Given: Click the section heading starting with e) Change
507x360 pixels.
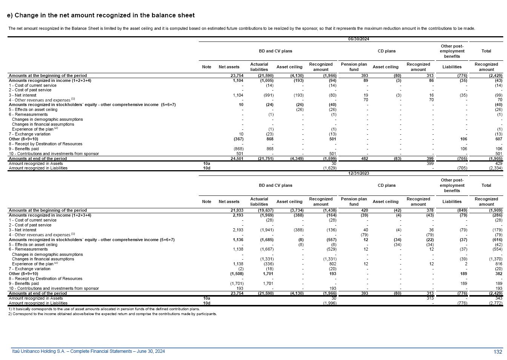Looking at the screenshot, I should (101, 15).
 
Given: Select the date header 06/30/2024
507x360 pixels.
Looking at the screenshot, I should (358, 39).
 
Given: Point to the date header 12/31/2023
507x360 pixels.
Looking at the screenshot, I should (358, 174).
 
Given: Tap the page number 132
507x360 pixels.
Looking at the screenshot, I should (498, 352).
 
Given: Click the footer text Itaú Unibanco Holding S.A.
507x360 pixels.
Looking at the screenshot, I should (88, 351).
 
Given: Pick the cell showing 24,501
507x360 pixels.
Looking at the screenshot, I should (237, 159).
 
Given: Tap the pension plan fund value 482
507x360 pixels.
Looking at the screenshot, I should (364, 159).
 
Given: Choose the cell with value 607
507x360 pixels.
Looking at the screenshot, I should (498, 139).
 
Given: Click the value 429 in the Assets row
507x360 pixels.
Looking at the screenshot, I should (498, 164).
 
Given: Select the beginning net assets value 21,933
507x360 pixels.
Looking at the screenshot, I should (237, 211).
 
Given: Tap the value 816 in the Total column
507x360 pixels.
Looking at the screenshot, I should (498, 264).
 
